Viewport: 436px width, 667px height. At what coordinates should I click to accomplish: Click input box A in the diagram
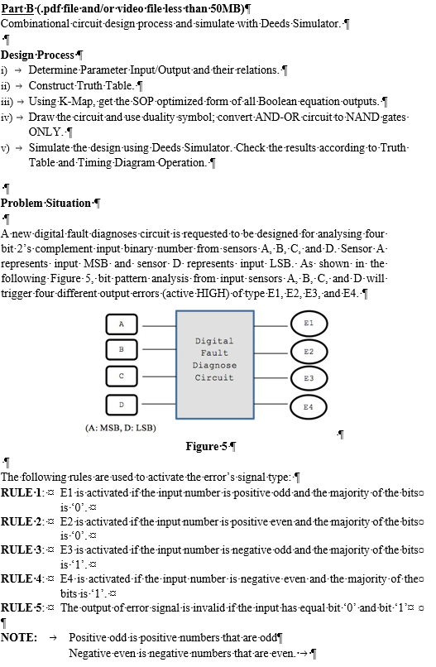pos(122,324)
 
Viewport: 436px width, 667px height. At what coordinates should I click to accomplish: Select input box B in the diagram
pos(122,350)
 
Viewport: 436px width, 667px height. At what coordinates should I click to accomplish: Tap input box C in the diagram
pos(122,377)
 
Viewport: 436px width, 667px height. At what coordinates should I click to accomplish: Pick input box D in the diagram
pos(122,405)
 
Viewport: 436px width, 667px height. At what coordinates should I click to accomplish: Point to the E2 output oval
pos(308,352)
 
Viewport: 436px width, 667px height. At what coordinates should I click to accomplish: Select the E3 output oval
pos(308,378)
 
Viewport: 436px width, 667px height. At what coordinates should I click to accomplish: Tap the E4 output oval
pos(308,406)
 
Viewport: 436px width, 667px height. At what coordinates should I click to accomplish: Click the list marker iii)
pos(7,101)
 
